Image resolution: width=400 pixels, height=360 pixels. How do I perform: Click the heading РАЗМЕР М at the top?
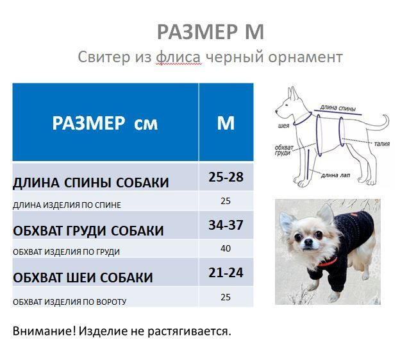click(210, 31)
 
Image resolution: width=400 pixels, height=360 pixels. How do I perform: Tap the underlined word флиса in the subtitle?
click(178, 57)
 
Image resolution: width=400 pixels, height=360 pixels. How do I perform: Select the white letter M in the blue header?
click(226, 123)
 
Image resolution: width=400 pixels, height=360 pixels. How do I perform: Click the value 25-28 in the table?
click(226, 177)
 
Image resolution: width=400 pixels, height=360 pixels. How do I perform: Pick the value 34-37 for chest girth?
click(226, 225)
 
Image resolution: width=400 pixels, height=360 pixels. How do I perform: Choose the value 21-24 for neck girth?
click(226, 273)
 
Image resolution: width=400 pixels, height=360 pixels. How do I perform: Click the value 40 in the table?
click(226, 248)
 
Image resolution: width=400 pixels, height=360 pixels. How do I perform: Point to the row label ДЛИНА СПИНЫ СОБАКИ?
click(91, 183)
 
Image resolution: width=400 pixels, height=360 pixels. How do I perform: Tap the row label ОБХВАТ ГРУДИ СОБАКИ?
click(88, 231)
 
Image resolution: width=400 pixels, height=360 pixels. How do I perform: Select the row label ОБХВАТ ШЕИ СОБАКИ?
click(83, 278)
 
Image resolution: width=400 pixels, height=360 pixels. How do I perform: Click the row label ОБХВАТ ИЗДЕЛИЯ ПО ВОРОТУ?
click(69, 302)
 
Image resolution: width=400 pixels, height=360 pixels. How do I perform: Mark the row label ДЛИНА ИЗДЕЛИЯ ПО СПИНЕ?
click(67, 205)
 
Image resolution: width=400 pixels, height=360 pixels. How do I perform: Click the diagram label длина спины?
click(338, 108)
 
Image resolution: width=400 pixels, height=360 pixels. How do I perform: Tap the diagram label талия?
click(382, 144)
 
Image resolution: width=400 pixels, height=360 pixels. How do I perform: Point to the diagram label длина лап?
click(335, 175)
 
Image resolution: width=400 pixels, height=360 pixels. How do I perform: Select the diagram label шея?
click(284, 126)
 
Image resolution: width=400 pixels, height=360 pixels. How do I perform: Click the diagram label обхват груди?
click(284, 150)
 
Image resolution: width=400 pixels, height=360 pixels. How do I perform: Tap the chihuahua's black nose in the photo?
click(308, 241)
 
